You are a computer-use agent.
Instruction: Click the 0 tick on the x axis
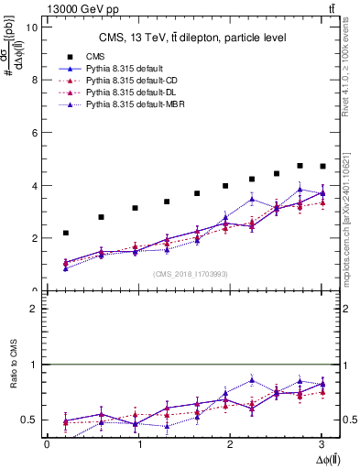47,445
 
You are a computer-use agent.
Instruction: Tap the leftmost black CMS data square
65,233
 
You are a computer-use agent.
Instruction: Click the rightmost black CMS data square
322,166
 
